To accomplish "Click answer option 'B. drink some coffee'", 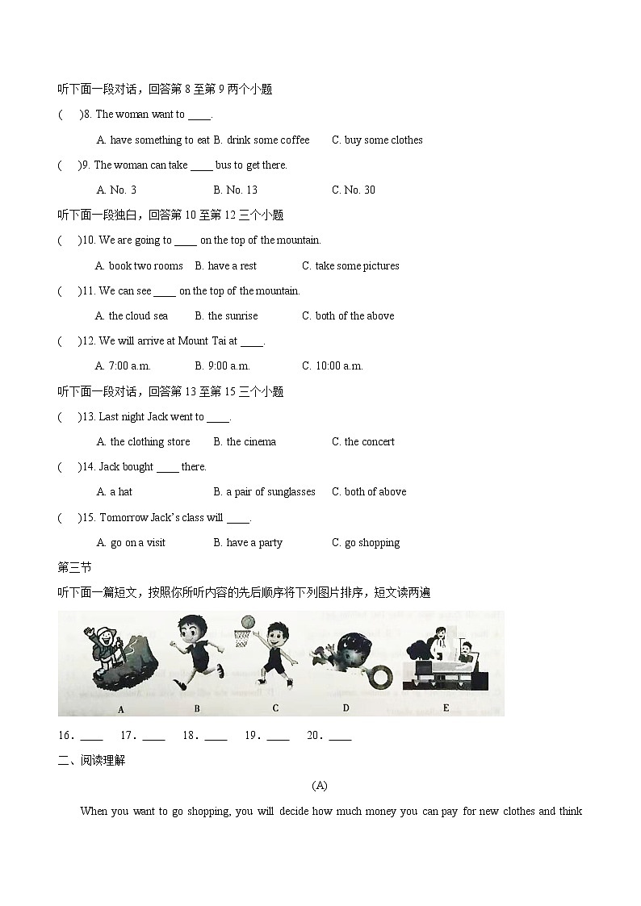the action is pyautogui.click(x=262, y=140).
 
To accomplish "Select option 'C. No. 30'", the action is pyautogui.click(x=353, y=190).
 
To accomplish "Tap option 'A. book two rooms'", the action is pyautogui.click(x=139, y=265).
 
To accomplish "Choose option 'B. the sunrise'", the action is pyautogui.click(x=227, y=316).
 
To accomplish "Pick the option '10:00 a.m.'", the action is pyautogui.click(x=339, y=366).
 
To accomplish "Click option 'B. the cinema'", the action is pyautogui.click(x=245, y=442).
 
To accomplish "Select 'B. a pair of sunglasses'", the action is pyautogui.click(x=264, y=492).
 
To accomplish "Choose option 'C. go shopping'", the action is pyautogui.click(x=366, y=543).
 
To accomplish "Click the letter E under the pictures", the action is pyautogui.click(x=446, y=708).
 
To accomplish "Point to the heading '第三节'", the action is pyautogui.click(x=74, y=567).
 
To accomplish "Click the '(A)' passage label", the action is pyautogui.click(x=320, y=785).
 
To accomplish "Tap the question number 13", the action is pyautogui.click(x=88, y=417).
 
